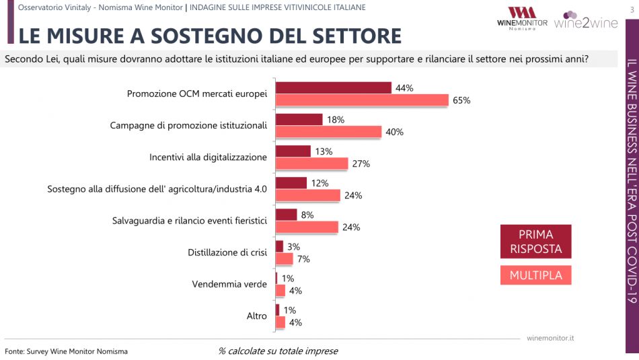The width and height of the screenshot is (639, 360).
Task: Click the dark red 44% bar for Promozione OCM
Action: (x=334, y=88)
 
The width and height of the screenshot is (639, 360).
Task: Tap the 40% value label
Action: (x=394, y=132)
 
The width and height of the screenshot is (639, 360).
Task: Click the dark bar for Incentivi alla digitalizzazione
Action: (x=293, y=151)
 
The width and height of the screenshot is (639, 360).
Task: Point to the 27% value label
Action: (x=361, y=164)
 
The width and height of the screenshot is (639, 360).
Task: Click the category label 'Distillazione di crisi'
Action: (x=227, y=252)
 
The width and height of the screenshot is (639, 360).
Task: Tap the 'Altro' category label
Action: (x=257, y=316)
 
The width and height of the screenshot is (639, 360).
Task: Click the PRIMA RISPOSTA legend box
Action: (x=535, y=241)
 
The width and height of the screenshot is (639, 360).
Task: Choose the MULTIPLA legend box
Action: (x=535, y=275)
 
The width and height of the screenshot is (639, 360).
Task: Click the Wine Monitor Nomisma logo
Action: (x=521, y=18)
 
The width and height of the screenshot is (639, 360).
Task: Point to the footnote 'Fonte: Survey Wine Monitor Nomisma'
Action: (x=66, y=351)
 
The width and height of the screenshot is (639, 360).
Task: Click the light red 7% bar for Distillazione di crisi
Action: (x=284, y=258)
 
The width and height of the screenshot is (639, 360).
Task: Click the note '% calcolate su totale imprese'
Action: (x=278, y=351)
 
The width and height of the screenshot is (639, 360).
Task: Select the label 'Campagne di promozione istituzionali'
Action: (x=188, y=126)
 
